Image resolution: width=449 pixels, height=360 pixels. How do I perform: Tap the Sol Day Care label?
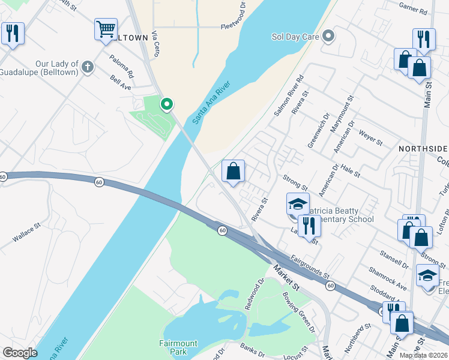pyautogui.click(x=294, y=37)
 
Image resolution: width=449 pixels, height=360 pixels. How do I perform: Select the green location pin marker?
pyautogui.click(x=167, y=105)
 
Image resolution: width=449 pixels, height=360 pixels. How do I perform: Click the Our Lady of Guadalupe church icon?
pyautogui.click(x=88, y=66)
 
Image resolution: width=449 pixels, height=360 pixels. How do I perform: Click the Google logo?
pyautogui.click(x=20, y=353)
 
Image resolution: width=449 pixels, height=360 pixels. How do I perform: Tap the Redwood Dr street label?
pyautogui.click(x=253, y=290)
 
